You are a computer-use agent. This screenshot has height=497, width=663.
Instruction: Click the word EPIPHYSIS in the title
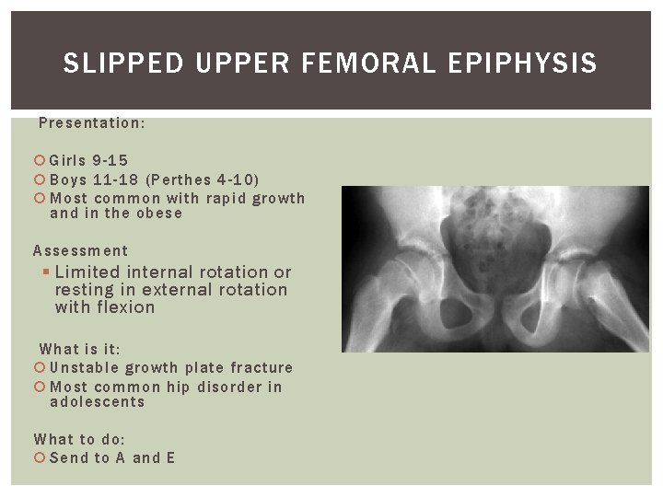click(523, 64)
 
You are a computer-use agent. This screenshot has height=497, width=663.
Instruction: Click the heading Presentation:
click(91, 122)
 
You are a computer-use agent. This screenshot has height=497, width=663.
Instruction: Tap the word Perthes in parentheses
click(180, 179)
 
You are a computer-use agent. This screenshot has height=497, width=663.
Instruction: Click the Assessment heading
click(81, 250)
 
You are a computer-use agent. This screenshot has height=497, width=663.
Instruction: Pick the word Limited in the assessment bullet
click(87, 272)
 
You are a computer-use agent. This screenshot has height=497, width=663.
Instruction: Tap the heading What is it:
click(80, 349)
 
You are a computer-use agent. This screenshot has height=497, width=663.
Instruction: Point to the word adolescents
click(97, 402)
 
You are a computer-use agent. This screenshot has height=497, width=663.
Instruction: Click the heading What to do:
click(79, 440)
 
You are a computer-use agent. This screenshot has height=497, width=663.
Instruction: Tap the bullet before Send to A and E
click(40, 458)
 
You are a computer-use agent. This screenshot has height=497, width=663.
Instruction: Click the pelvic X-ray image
click(494, 269)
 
